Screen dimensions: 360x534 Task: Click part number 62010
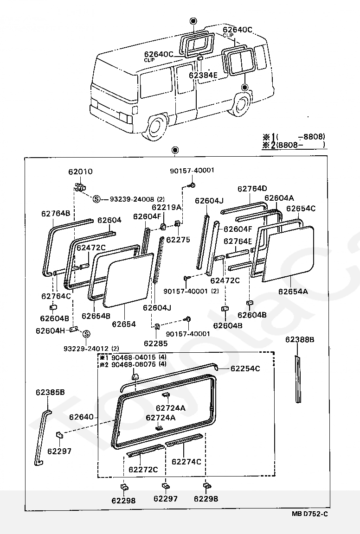(80, 172)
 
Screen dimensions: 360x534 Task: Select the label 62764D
(252, 189)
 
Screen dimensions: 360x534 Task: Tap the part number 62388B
(300, 339)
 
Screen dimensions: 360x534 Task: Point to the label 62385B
(50, 392)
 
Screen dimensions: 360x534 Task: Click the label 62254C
(245, 369)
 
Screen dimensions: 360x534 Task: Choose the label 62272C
(143, 470)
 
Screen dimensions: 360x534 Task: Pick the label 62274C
(186, 462)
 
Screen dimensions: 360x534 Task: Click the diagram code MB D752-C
(309, 514)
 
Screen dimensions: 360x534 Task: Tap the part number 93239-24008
(132, 199)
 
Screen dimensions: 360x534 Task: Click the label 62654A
(293, 291)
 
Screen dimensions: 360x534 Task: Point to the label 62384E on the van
(203, 75)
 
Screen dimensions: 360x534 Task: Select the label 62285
(156, 343)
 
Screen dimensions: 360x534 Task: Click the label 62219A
(167, 207)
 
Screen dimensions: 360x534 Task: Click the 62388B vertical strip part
(298, 379)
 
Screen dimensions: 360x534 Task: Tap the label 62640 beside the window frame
(81, 417)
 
